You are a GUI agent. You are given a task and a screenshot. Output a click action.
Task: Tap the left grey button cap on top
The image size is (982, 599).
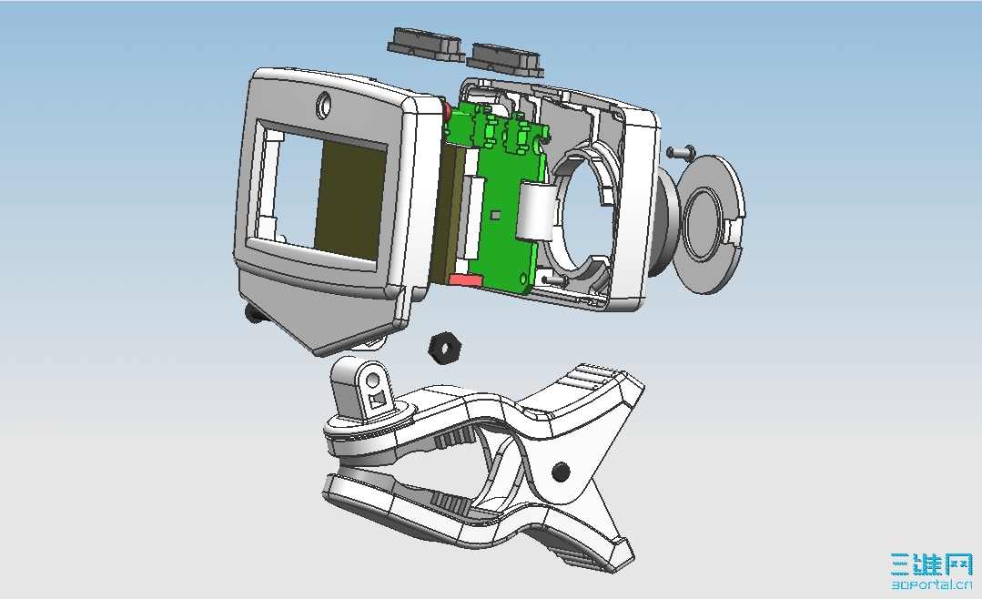[x=426, y=44]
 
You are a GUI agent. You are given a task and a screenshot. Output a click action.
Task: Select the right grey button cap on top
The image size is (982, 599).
[x=505, y=59]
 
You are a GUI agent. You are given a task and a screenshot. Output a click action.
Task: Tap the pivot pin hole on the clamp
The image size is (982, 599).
[x=562, y=472]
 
